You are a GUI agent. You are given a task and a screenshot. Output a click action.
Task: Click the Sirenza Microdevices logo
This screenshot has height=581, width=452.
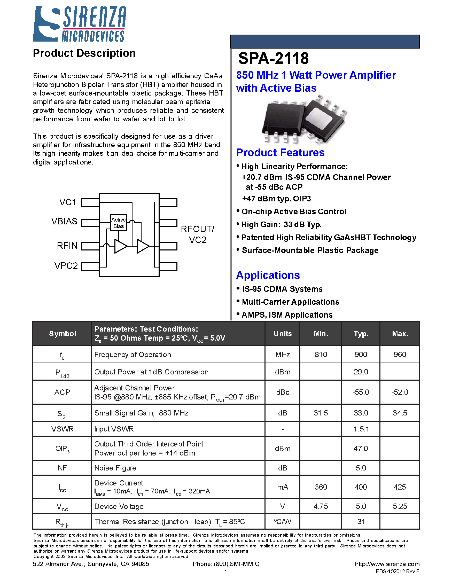click(x=79, y=24)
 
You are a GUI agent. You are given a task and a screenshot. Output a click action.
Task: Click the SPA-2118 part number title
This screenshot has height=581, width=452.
click(x=273, y=58)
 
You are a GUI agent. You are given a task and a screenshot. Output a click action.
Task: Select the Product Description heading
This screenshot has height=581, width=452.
click(x=84, y=53)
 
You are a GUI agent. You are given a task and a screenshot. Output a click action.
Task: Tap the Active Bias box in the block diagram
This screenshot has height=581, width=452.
click(x=118, y=223)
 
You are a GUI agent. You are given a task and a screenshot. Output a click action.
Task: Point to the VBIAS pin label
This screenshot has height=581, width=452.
click(x=64, y=221)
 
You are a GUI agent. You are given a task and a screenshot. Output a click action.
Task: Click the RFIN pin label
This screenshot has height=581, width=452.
click(x=67, y=246)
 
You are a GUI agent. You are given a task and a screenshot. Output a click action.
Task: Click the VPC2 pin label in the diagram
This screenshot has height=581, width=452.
click(x=66, y=266)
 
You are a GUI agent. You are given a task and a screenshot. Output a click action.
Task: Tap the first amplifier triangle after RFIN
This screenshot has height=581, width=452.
click(x=120, y=246)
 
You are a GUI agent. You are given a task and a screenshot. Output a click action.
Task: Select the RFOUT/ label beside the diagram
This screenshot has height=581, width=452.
click(x=197, y=229)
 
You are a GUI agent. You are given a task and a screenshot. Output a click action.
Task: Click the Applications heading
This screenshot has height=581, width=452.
click(x=268, y=275)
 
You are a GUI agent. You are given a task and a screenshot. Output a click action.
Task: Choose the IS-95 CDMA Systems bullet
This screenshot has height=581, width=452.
click(x=282, y=289)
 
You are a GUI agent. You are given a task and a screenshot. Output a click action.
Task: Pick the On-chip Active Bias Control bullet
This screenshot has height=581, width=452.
click(x=294, y=211)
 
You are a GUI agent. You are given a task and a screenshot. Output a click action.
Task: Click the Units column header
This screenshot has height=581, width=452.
click(x=282, y=334)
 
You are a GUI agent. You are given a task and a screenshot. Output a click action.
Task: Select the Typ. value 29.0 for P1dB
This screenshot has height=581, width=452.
click(x=361, y=372)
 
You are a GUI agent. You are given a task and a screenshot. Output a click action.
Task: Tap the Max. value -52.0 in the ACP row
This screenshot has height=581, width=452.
click(x=400, y=392)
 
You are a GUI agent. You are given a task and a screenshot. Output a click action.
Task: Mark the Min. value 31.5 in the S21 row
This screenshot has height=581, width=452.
click(x=321, y=413)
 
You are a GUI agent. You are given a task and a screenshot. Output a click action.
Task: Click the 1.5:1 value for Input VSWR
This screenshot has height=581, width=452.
click(x=361, y=429)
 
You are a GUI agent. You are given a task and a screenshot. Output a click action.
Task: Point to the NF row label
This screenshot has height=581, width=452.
click(x=62, y=468)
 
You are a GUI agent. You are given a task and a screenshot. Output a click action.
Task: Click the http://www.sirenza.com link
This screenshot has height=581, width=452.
click(x=387, y=564)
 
